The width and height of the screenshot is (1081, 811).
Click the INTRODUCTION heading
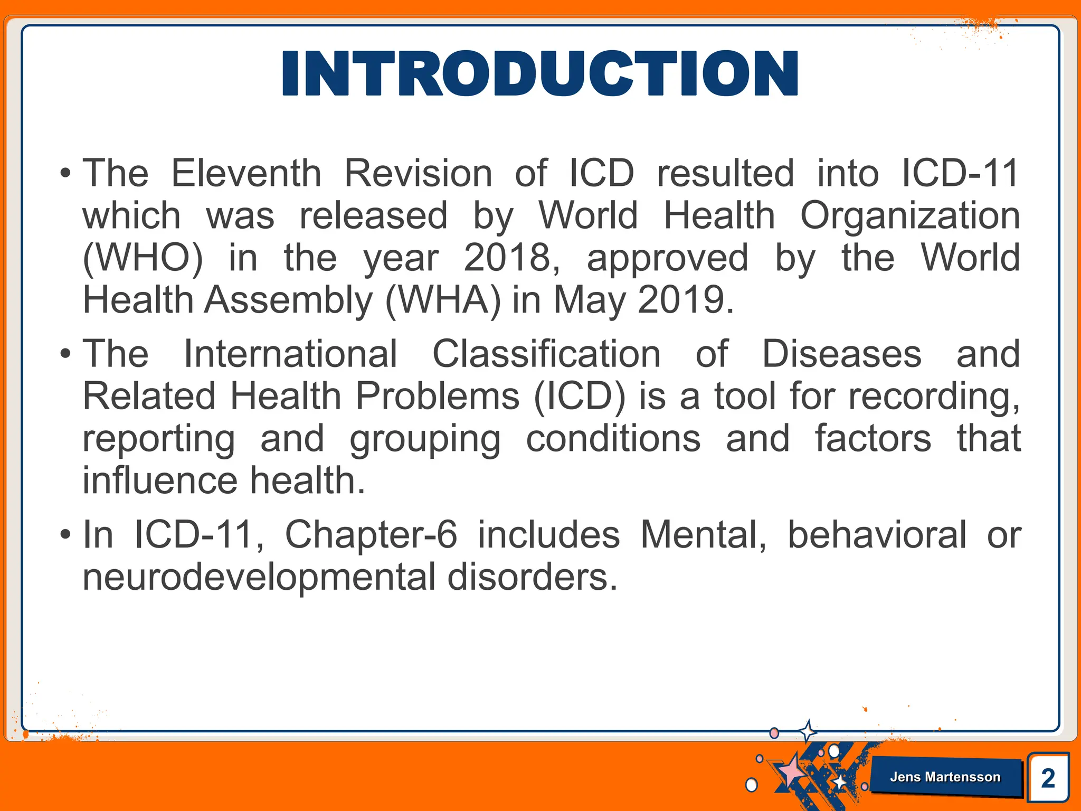(x=540, y=73)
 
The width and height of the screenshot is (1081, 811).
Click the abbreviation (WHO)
(x=143, y=259)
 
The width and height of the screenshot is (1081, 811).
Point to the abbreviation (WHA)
(x=443, y=300)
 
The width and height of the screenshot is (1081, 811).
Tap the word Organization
(x=910, y=216)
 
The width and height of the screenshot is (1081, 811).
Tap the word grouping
(x=425, y=440)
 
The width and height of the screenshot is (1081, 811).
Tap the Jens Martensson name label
(x=945, y=777)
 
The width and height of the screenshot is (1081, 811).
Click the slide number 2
(x=1048, y=778)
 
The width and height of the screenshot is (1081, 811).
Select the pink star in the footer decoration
(x=791, y=772)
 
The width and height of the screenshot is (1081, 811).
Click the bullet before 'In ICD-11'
(x=65, y=535)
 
